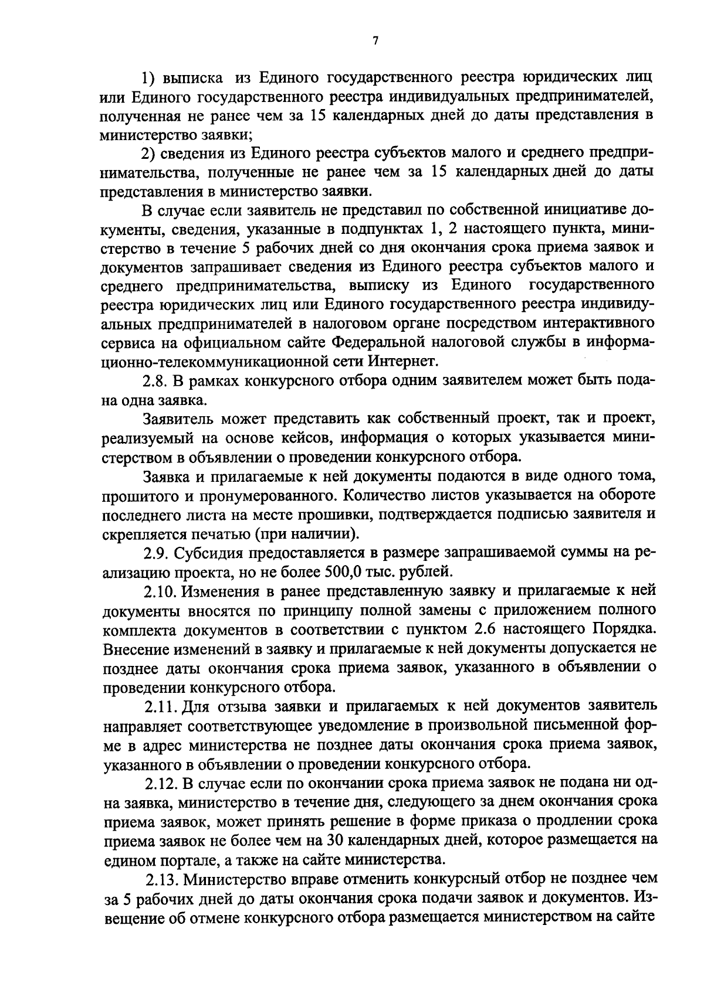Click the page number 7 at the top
click(375, 40)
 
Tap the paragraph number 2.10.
click(160, 590)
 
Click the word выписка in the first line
click(195, 77)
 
